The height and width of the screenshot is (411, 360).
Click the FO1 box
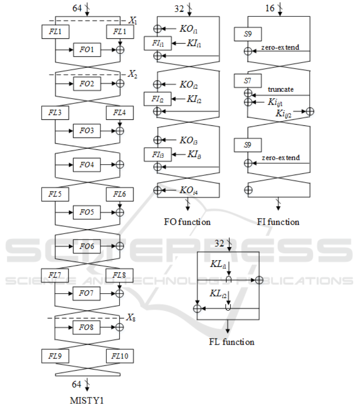(87, 50)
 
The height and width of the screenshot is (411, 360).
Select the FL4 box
(119, 113)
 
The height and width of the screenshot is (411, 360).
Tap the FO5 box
(87, 212)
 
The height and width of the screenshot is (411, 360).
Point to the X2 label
(132, 74)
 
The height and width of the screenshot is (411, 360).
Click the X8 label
(131, 318)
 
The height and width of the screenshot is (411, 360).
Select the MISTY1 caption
(87, 401)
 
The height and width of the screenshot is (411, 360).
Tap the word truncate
(280, 89)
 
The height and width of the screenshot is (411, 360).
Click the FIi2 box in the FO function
(157, 98)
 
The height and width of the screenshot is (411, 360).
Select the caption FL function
(231, 342)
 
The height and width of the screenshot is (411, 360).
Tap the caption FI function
(278, 222)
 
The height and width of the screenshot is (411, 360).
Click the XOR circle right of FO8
(119, 327)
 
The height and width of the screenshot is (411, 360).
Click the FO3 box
(87, 130)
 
